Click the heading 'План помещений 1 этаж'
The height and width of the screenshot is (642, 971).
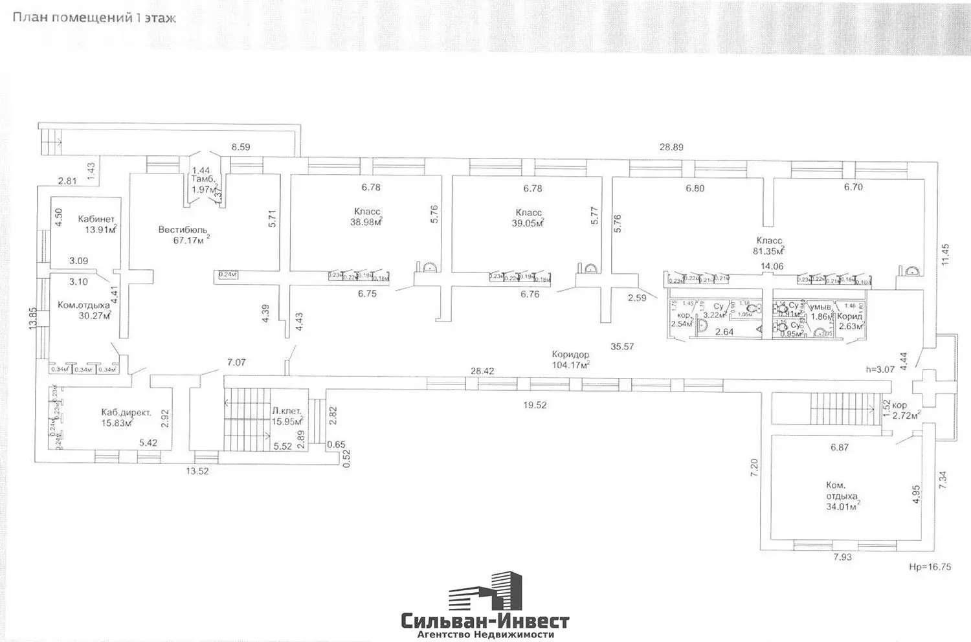(94, 17)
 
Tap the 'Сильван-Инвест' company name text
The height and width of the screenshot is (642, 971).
(485, 622)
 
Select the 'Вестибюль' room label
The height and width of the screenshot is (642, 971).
(183, 230)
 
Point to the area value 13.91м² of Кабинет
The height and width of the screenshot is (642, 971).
(100, 229)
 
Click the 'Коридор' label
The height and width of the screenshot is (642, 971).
(570, 354)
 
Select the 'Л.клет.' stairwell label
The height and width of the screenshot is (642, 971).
(285, 411)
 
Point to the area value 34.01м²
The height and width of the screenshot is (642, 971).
(843, 507)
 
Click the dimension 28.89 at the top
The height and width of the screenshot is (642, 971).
(671, 147)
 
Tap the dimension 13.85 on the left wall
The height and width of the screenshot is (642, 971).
(32, 318)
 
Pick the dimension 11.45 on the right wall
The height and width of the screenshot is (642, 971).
(946, 254)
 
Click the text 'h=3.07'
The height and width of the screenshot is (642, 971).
(880, 370)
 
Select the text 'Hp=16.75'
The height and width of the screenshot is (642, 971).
(930, 566)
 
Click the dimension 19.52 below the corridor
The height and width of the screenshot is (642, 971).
(534, 405)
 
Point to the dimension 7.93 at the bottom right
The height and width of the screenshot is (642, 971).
(842, 557)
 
